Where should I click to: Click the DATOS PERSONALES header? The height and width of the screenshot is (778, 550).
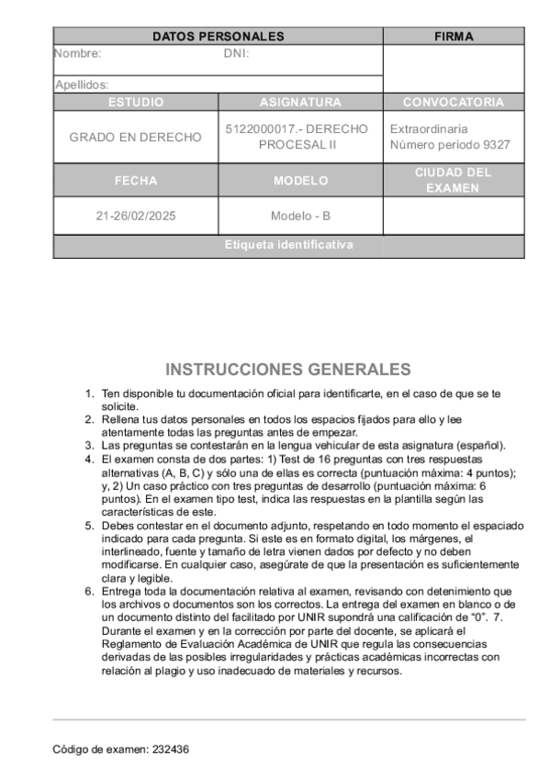218,37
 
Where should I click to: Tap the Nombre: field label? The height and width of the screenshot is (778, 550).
78,53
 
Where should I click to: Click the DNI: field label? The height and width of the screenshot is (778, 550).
237,53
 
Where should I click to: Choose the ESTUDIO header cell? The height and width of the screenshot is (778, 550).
136,102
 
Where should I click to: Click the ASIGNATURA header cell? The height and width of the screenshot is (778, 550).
300,102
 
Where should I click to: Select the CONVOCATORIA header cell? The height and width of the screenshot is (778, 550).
454,102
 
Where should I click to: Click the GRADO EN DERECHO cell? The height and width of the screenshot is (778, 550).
136,137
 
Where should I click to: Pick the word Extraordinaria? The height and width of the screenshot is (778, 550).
429,129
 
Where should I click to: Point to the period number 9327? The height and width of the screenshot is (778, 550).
497,145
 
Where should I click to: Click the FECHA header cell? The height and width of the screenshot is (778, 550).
136,181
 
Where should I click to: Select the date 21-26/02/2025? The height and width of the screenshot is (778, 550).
136,217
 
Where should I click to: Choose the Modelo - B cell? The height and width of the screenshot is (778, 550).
300,217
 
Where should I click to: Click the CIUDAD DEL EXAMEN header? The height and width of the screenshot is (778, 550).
454,180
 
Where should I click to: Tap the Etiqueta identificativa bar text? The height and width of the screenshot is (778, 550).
289,246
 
